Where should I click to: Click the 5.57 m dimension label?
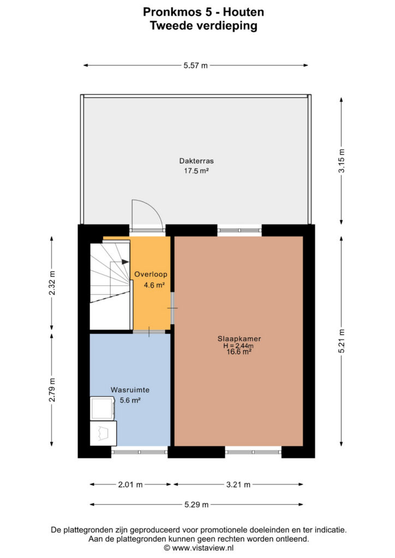tap(195, 65)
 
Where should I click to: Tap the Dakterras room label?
tap(196, 161)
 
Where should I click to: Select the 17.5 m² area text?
tap(196, 171)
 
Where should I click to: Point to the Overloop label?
tap(151, 275)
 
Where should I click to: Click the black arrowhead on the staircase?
tap(125, 262)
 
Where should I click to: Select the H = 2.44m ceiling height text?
tap(238, 345)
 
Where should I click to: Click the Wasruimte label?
tap(130, 390)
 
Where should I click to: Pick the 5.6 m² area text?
tap(130, 400)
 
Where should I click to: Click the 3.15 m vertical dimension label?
tap(341, 161)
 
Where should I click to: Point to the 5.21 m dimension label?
tap(341, 341)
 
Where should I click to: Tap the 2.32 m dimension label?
tap(52, 283)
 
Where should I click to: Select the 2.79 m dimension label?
tap(52, 390)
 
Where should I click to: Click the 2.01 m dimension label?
tap(130, 484)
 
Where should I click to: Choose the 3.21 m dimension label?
tap(238, 484)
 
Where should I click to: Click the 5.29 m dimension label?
tap(196, 505)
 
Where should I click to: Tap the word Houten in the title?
tap(244, 12)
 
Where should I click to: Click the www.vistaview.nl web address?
tap(202, 548)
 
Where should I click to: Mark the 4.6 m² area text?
tap(154, 285)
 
